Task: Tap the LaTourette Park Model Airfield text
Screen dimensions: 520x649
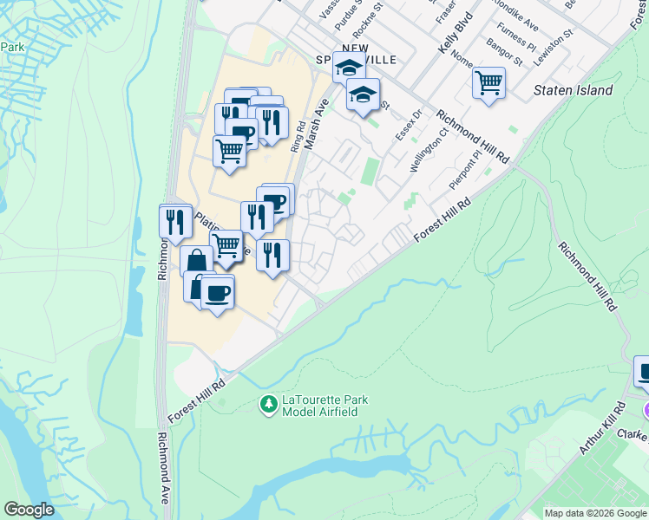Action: (x=324, y=406)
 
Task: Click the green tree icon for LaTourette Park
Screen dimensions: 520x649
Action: (x=269, y=404)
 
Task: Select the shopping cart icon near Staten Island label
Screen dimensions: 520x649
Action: (x=489, y=84)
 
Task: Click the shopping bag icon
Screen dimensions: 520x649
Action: (x=197, y=260)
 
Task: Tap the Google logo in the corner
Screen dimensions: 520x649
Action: (x=29, y=510)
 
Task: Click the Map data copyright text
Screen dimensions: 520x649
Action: (x=594, y=513)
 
